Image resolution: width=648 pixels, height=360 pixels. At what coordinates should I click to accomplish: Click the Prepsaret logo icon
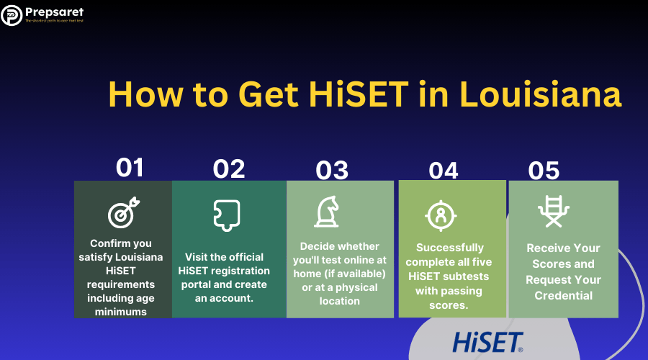pos(12,14)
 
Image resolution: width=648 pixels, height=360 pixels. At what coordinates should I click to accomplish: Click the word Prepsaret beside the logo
pos(54,11)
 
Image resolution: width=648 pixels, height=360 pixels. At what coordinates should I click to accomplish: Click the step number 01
pos(130,168)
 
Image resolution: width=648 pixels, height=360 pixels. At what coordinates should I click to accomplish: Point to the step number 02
pos(229,168)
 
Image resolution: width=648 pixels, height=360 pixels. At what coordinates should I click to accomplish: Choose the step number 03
pos(332,171)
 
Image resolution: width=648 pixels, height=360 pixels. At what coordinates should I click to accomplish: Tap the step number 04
pos(444,171)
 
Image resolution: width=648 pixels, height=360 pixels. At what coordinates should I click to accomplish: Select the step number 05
pos(544,171)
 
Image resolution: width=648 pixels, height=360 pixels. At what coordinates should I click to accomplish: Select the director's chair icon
pos(554,211)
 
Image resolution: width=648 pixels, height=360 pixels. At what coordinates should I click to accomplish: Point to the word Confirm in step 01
pos(109,243)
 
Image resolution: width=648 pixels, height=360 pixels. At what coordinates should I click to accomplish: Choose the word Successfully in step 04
pos(450,247)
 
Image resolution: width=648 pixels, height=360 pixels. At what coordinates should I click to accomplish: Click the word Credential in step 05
pos(563,295)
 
